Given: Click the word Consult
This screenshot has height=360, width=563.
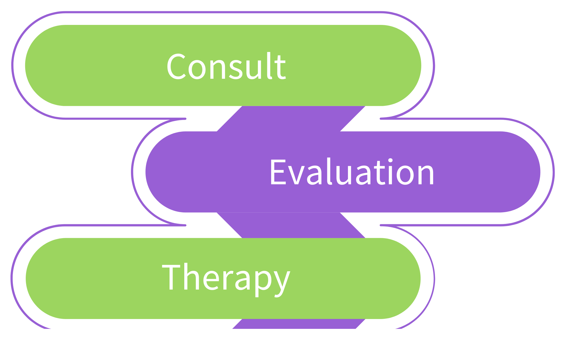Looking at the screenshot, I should point(226,66).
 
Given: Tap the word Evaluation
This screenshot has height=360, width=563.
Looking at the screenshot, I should point(352,172).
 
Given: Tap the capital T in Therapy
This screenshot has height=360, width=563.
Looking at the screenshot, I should point(171,277).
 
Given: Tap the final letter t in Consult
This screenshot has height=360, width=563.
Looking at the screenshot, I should point(281,67).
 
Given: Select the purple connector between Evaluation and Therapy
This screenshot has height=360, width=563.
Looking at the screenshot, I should point(291,225).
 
